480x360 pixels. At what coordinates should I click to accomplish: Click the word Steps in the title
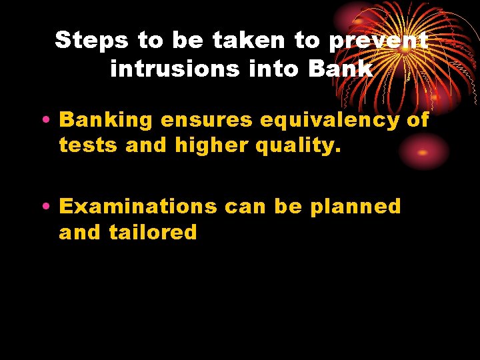pyautogui.click(x=92, y=41)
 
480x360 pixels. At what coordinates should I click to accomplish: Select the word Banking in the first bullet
pyautogui.click(x=106, y=120)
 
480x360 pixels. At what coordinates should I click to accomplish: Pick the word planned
pyautogui.click(x=356, y=207)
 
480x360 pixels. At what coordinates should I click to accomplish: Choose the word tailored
pyautogui.click(x=153, y=232)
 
